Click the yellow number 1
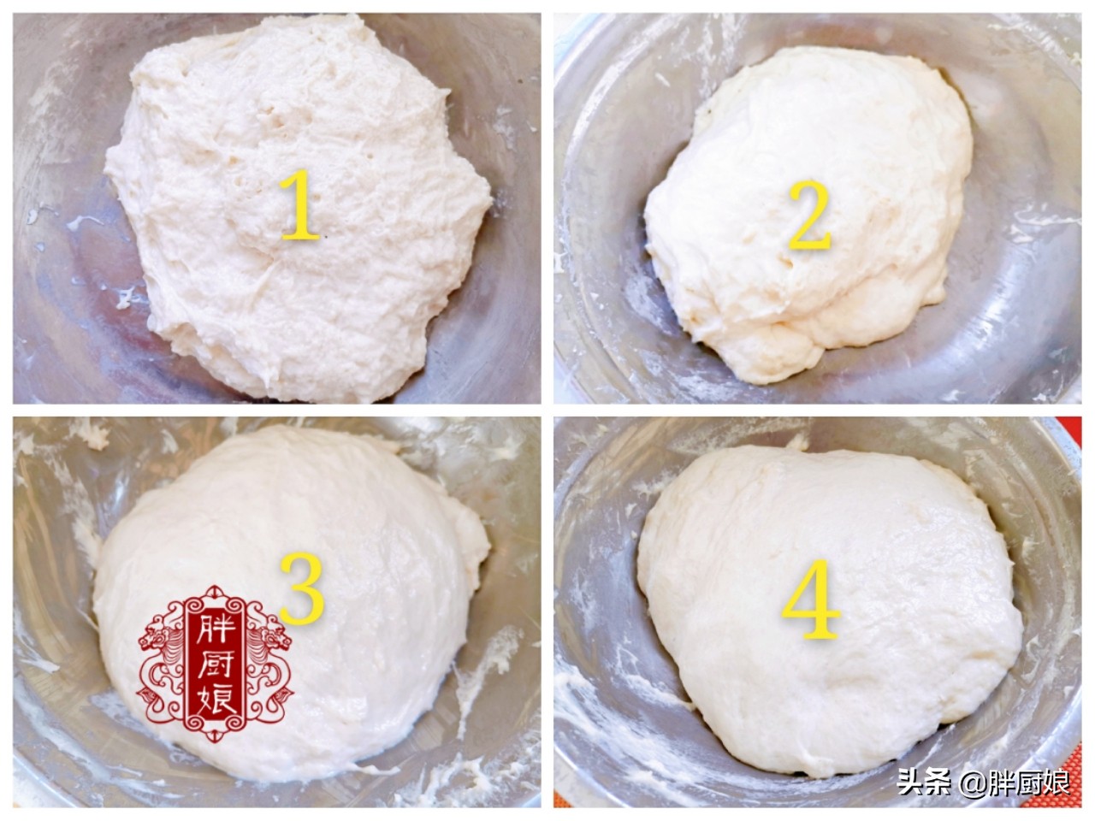299,205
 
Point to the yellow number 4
810,600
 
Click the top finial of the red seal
216,593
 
